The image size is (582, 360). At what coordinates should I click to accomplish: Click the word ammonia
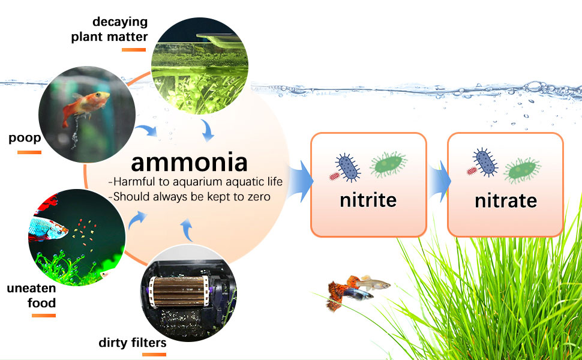coord(189,163)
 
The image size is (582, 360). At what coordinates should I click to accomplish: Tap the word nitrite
coord(368,200)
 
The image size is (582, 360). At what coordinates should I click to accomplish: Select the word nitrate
coord(506,201)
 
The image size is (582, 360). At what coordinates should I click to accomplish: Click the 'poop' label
coord(25,139)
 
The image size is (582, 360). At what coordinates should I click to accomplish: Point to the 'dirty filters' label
coord(133,342)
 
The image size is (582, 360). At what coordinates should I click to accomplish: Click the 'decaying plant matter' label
coord(109,29)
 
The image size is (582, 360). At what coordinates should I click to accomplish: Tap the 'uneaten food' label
coord(32,295)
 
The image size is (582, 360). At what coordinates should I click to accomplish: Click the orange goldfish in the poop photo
coord(85,105)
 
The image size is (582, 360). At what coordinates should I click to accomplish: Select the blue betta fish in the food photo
coord(47,228)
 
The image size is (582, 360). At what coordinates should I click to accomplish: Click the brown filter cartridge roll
coord(179,292)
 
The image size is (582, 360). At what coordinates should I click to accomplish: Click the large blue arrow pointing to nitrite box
coord(300,181)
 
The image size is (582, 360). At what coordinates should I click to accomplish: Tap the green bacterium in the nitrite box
coord(389,164)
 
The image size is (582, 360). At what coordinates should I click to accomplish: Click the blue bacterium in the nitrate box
coord(485,162)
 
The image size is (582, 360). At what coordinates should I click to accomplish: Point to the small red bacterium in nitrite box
coord(334,176)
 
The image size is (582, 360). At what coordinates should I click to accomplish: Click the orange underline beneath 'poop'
coord(29,152)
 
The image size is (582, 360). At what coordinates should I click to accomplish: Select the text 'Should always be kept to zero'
coord(191,196)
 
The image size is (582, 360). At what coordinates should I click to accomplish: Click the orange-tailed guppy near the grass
coord(340,292)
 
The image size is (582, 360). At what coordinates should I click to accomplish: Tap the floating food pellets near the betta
coord(85,232)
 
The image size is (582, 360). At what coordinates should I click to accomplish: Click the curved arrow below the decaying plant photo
coord(208,130)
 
